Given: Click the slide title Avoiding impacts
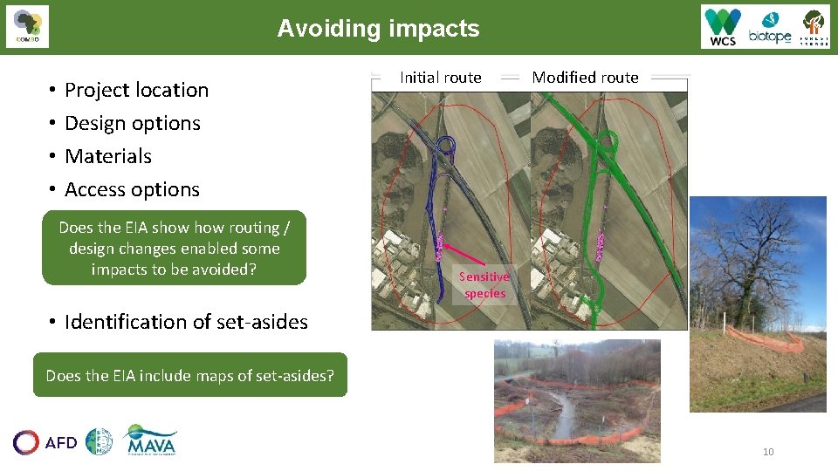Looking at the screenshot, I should click(378, 29).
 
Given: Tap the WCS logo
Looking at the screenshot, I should click(723, 27).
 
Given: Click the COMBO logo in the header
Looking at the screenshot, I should click(27, 27).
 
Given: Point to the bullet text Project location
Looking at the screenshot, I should click(136, 90).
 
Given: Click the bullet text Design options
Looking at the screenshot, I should click(132, 123).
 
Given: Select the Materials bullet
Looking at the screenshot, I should click(107, 156).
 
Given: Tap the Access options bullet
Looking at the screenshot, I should click(132, 189).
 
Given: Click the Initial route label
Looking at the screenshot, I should click(440, 78).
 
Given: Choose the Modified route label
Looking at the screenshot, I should click(585, 78).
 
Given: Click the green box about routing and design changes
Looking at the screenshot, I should click(174, 248).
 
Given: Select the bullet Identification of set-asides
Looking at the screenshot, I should click(185, 322).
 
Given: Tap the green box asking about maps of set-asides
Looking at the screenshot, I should click(189, 376).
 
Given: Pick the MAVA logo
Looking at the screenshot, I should click(150, 441).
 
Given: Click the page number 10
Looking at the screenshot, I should click(768, 452).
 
